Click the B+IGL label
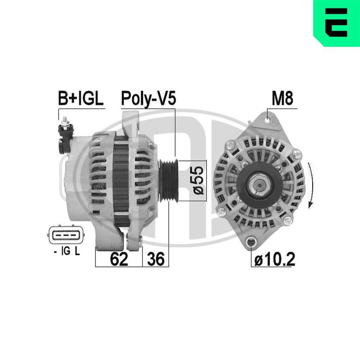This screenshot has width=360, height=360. pyautogui.click(x=81, y=99)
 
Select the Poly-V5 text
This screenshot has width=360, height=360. pyautogui.click(x=148, y=99)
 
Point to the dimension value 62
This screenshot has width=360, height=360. pyautogui.click(x=119, y=259)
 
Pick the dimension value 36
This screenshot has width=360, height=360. pyautogui.click(x=156, y=259)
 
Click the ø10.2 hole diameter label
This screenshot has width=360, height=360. pyautogui.click(x=275, y=259)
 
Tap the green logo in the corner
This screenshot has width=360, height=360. pyautogui.click(x=337, y=23)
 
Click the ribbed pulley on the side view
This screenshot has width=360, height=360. pyautogui.click(x=168, y=180)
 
